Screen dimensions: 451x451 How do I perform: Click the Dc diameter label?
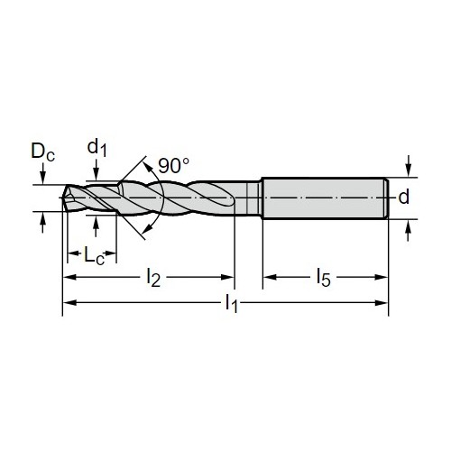coord(43,152)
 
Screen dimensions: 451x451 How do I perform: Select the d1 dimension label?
coord(97,148)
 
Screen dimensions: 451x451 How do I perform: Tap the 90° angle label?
coord(174,165)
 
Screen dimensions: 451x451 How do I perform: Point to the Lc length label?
coord(94,256)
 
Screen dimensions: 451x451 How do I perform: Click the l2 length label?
coord(153,278)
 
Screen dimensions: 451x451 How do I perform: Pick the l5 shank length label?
coord(324,278)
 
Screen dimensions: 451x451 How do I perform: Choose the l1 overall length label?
coord(231,303)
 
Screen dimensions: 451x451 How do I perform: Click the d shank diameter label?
coord(404,197)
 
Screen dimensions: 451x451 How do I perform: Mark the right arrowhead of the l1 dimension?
coord(382,303)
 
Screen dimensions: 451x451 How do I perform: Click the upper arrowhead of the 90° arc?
coord(146,166)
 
